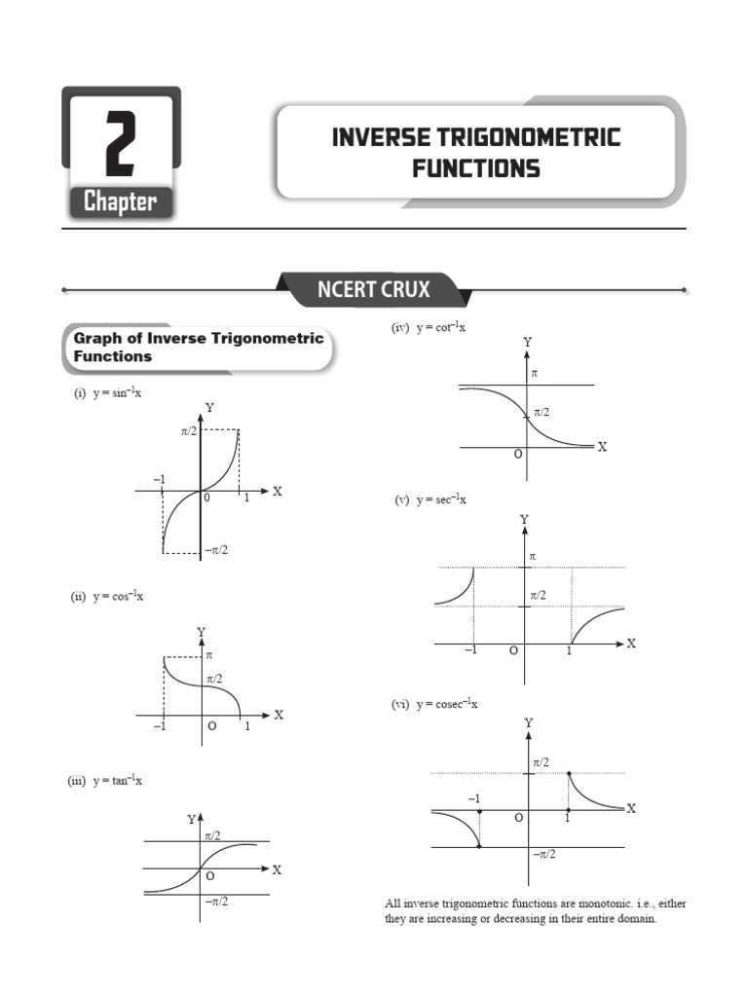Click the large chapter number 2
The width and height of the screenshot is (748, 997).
tap(121, 144)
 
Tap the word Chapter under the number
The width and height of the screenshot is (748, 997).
tap(120, 203)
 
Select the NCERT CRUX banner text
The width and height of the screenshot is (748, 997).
tap(373, 289)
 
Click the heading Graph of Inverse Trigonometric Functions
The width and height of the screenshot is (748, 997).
tap(197, 347)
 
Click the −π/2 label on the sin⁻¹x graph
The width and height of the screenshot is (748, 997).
tap(215, 550)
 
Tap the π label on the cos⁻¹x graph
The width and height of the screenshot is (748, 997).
tap(209, 656)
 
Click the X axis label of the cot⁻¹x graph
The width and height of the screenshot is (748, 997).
tap(602, 446)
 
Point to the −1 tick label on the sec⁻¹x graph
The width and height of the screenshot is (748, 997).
tap(471, 650)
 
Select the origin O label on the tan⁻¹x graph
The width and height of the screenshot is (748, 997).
tap(209, 876)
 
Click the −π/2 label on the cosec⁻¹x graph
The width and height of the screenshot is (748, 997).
tap(543, 854)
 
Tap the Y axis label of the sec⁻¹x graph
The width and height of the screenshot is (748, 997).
tap(524, 520)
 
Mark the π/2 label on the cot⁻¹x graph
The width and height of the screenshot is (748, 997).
tap(542, 413)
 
